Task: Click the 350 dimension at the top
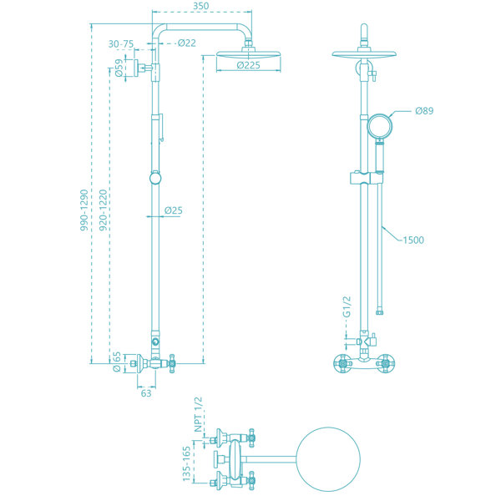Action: pyautogui.click(x=201, y=6)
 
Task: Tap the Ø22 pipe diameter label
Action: pyautogui.click(x=187, y=43)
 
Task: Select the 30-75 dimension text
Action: pyautogui.click(x=121, y=43)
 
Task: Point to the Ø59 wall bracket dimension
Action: pyautogui.click(x=119, y=68)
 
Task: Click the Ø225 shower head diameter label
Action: pyautogui.click(x=249, y=65)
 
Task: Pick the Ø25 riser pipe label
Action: pyautogui.click(x=174, y=210)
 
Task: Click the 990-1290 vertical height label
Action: pyautogui.click(x=83, y=210)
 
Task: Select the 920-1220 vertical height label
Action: pyautogui.click(x=103, y=210)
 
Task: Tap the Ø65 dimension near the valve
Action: pyautogui.click(x=117, y=362)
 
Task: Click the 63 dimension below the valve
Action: pyautogui.click(x=146, y=393)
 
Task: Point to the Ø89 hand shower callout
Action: pyautogui.click(x=424, y=110)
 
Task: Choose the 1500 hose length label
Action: pyautogui.click(x=413, y=240)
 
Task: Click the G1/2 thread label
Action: pyautogui.click(x=347, y=306)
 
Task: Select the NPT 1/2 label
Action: pyautogui.click(x=199, y=414)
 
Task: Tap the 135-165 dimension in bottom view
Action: pyautogui.click(x=186, y=463)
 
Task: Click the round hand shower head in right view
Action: pyautogui.click(x=379, y=126)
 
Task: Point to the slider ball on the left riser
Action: pyautogui.click(x=155, y=178)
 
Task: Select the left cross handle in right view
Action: pyautogui.click(x=342, y=363)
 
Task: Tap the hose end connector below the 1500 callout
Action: pyautogui.click(x=380, y=311)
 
